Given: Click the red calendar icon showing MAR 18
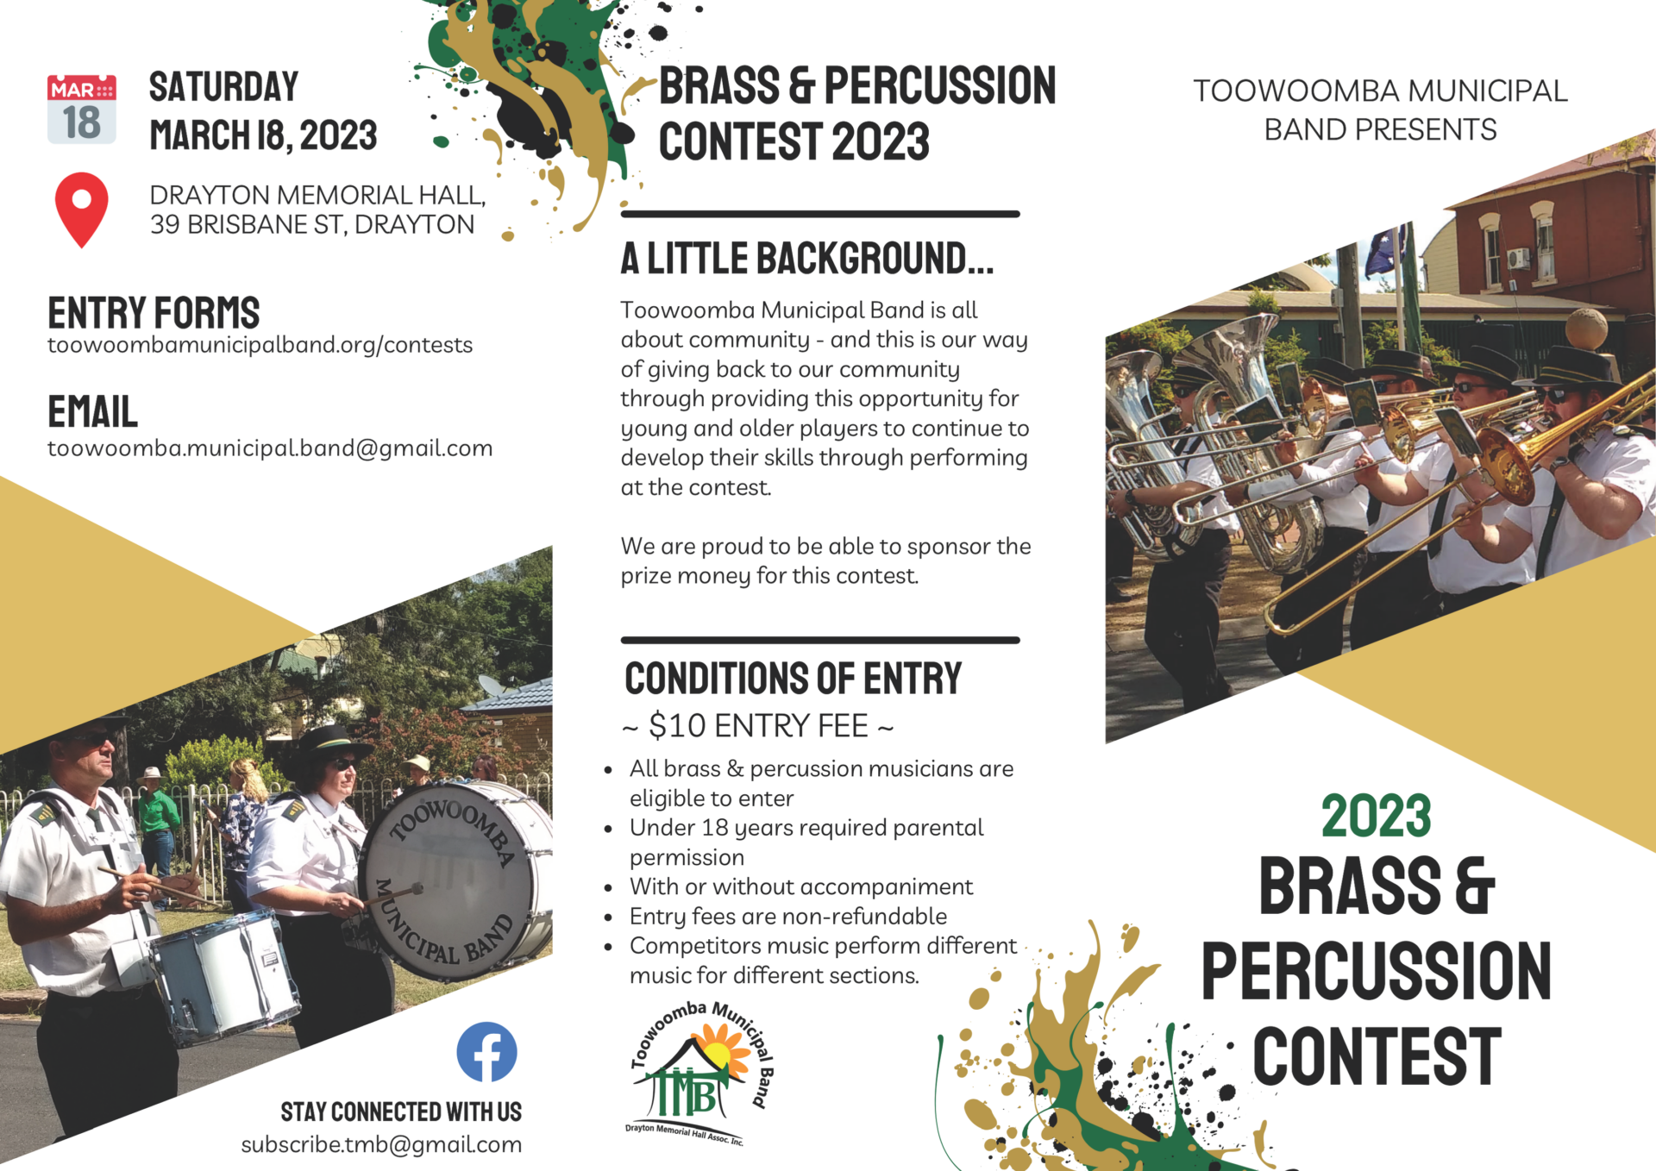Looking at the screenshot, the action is pyautogui.click(x=82, y=110).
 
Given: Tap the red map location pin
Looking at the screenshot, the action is pyautogui.click(x=82, y=210).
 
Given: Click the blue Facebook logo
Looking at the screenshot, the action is pyautogui.click(x=486, y=1051).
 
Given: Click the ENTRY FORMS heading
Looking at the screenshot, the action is pyautogui.click(x=154, y=312).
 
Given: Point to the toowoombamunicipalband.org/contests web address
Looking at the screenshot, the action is pyautogui.click(x=260, y=345).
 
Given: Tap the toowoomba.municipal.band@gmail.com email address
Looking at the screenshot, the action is pyautogui.click(x=270, y=448).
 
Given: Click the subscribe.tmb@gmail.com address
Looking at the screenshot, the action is pyautogui.click(x=381, y=1144).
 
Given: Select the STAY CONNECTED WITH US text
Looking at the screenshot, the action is pyautogui.click(x=401, y=1112).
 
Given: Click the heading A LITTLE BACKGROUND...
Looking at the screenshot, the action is pyautogui.click(x=807, y=258).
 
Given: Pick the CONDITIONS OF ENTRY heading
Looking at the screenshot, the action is pyautogui.click(x=793, y=678).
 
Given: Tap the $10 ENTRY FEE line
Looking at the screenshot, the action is pyautogui.click(x=758, y=726).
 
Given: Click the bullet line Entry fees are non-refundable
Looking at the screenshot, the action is pyautogui.click(x=787, y=916).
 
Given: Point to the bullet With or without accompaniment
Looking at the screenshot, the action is pyautogui.click(x=800, y=886).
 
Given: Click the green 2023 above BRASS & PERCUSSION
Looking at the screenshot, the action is pyautogui.click(x=1377, y=816).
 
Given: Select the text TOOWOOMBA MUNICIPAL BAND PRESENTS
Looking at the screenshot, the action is pyautogui.click(x=1380, y=110).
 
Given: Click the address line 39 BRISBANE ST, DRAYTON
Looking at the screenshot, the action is pyautogui.click(x=312, y=224).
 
